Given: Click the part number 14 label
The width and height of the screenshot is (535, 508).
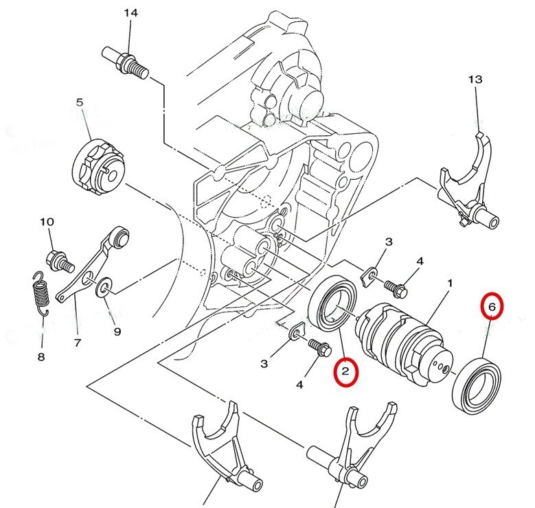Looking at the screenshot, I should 130,13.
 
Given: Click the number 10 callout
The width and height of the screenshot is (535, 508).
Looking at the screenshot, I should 47,222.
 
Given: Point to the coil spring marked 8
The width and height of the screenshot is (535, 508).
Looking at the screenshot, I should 41,293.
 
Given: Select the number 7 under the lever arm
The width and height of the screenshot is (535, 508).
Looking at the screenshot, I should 77,342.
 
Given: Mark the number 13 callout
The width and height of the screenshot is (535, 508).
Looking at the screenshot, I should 476,80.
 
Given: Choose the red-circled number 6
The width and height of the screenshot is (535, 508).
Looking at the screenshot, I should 491,307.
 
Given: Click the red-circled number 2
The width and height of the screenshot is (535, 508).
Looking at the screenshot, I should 346,371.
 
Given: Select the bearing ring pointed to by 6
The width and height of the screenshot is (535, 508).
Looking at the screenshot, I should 477,384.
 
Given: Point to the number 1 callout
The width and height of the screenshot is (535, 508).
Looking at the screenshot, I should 450,283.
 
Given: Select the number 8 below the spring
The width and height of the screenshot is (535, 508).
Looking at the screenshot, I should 41,357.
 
